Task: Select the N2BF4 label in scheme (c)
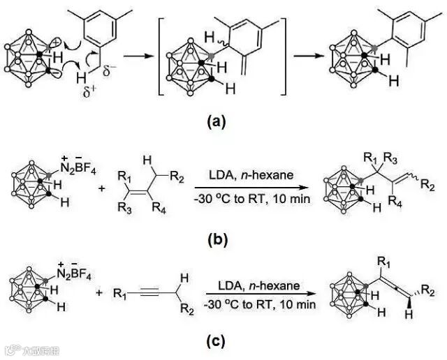point(58,269)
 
